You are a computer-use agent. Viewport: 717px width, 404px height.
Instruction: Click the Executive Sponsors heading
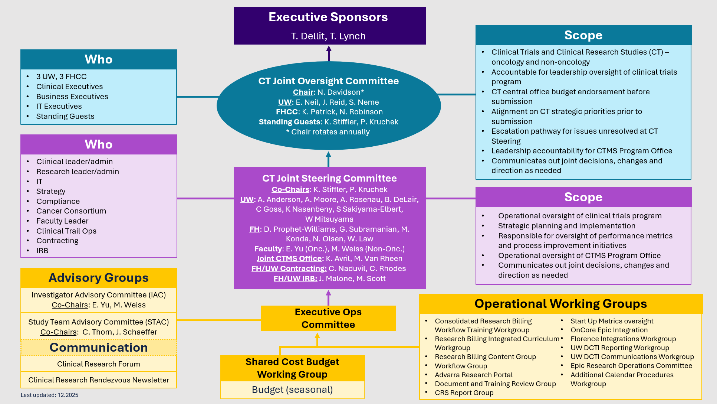tap(328, 17)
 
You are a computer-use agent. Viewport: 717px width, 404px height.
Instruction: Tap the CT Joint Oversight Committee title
tap(328, 81)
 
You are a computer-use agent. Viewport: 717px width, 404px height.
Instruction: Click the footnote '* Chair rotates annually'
tap(328, 132)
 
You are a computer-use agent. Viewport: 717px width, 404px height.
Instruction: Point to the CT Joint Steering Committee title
tap(329, 178)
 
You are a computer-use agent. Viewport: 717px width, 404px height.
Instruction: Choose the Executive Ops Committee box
tap(328, 318)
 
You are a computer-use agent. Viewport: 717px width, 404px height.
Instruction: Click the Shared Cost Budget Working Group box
tap(292, 368)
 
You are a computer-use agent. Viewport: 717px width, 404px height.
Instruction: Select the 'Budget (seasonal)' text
tap(292, 390)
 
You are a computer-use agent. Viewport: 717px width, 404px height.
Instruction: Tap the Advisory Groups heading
tap(99, 278)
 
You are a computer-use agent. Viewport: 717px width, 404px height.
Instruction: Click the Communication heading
tap(99, 348)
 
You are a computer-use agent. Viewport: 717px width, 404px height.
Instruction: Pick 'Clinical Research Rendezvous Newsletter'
tap(99, 380)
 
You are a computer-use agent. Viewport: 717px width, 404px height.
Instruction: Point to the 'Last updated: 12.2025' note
tap(49, 395)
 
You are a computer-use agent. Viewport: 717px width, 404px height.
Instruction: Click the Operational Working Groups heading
tap(560, 304)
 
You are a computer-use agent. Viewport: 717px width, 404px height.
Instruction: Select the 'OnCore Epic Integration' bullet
tap(609, 330)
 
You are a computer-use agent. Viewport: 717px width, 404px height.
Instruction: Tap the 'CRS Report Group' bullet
tap(464, 392)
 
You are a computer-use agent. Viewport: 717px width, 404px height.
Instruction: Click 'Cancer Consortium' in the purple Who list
tap(71, 211)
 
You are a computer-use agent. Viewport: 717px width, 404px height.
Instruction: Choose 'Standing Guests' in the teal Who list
tap(65, 116)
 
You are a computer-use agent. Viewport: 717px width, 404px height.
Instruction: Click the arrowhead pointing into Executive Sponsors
tap(329, 48)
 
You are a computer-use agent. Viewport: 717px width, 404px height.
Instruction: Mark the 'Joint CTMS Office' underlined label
tap(289, 258)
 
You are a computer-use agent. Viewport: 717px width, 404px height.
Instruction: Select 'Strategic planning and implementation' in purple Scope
tap(566, 226)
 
